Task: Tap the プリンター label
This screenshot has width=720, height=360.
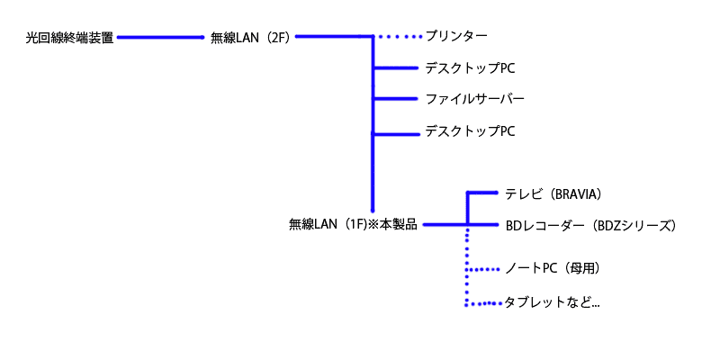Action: point(456,37)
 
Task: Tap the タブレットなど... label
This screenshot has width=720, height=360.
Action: point(552,303)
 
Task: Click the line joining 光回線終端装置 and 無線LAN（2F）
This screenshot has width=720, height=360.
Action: point(160,38)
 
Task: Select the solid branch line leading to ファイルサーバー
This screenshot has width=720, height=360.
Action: point(396,98)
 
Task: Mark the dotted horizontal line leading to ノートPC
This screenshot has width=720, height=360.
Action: point(484,269)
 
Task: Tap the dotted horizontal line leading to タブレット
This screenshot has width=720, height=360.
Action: point(484,303)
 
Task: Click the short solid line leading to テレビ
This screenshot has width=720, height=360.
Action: point(482,193)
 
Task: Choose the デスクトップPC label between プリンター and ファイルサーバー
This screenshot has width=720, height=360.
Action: point(470,68)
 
